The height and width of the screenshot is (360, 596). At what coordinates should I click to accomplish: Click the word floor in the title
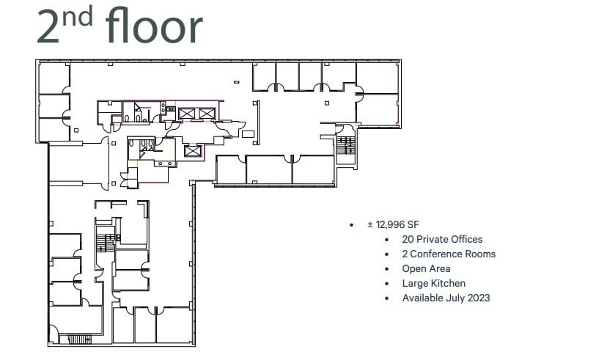pyautogui.click(x=153, y=26)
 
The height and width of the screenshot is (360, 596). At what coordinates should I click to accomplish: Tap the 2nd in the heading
pyautogui.click(x=65, y=26)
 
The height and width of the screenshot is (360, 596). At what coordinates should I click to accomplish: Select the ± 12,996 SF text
pyautogui.click(x=397, y=225)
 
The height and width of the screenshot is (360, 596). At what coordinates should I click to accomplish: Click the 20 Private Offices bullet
pyautogui.click(x=442, y=239)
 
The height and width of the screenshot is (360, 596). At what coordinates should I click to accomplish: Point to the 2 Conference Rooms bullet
pyautogui.click(x=449, y=254)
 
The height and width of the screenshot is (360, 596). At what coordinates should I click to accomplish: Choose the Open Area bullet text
pyautogui.click(x=426, y=268)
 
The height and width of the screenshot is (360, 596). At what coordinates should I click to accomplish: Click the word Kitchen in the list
pyautogui.click(x=448, y=283)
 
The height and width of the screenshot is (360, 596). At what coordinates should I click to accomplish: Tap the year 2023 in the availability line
pyautogui.click(x=477, y=298)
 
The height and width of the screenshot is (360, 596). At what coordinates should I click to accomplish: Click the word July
pyautogui.click(x=452, y=298)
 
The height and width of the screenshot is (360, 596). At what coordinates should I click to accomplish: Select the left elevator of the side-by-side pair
pyautogui.click(x=186, y=113)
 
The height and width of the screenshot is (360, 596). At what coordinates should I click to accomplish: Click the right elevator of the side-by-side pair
pyautogui.click(x=206, y=113)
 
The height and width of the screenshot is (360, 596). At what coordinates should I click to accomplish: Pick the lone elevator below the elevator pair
pyautogui.click(x=193, y=150)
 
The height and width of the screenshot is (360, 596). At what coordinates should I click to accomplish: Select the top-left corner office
pyautogui.click(x=53, y=78)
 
